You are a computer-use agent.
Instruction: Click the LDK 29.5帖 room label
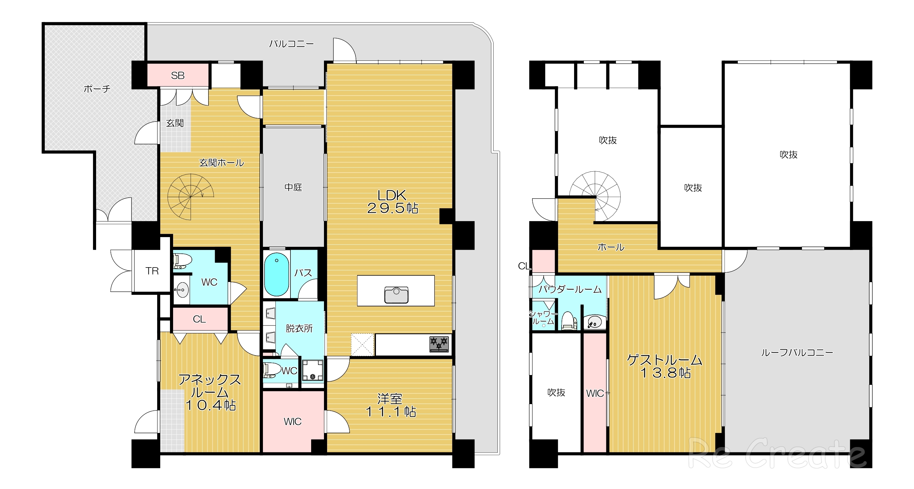pyautogui.click(x=393, y=202)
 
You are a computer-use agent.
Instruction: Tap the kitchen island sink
pyautogui.click(x=396, y=295)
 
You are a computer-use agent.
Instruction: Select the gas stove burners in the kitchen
pyautogui.click(x=439, y=344)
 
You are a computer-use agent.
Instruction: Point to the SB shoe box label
pyautogui.click(x=178, y=75)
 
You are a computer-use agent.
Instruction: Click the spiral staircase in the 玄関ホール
pyautogui.click(x=191, y=197)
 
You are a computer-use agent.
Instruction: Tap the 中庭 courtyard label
pyautogui.click(x=293, y=187)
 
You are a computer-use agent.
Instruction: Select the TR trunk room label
pyautogui.click(x=152, y=271)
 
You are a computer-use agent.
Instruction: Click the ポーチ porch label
pyautogui.click(x=97, y=89)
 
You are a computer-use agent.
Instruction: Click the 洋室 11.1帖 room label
pyautogui.click(x=390, y=405)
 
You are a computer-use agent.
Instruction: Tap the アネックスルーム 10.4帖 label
pyautogui.click(x=210, y=392)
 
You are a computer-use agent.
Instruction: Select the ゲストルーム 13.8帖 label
pyautogui.click(x=665, y=366)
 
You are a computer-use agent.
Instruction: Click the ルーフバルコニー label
pyautogui.click(x=797, y=353)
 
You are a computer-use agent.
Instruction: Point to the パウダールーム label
pyautogui.click(x=570, y=289)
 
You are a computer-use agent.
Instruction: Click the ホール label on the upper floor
pyautogui.click(x=611, y=247)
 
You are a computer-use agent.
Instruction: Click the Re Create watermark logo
pyautogui.click(x=777, y=454)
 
